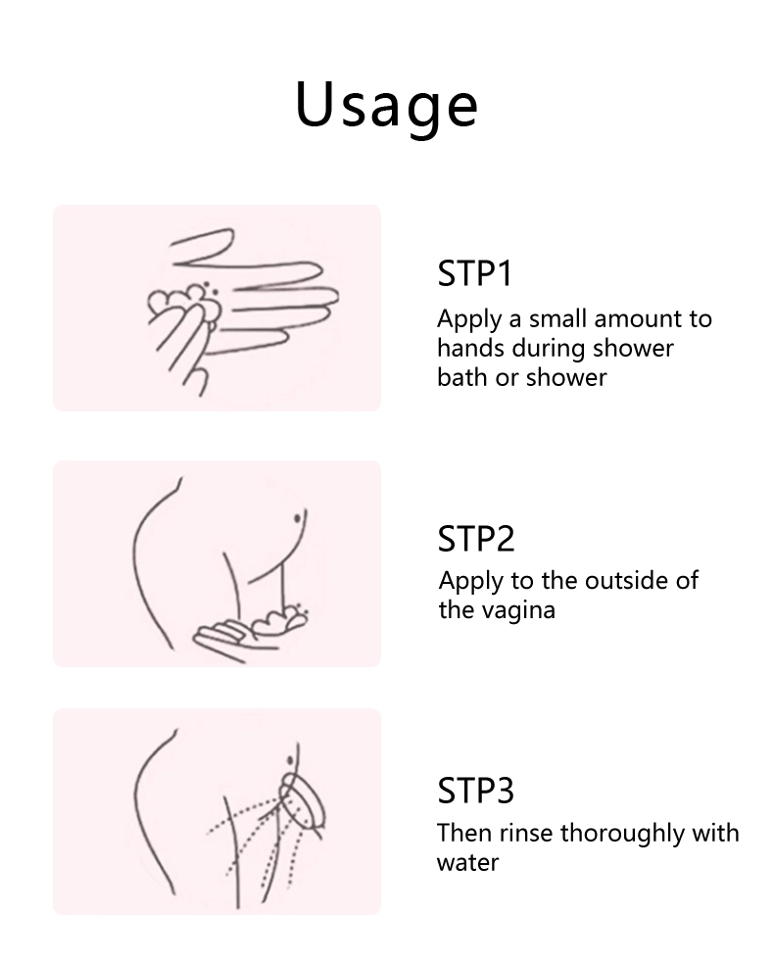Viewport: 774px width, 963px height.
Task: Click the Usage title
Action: coord(386,106)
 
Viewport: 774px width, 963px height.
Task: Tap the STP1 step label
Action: coord(474,273)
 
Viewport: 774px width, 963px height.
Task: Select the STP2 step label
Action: coord(475,539)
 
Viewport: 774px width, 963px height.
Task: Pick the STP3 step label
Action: coord(475,791)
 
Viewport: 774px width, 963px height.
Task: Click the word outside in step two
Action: coord(620,580)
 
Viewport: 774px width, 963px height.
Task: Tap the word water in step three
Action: coord(467,863)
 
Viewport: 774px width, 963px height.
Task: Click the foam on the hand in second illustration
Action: coord(280,619)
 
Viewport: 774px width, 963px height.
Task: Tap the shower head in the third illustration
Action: coord(302,801)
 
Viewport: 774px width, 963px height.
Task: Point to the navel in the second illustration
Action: coord(297,518)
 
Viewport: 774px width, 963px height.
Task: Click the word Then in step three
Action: coord(464,834)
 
